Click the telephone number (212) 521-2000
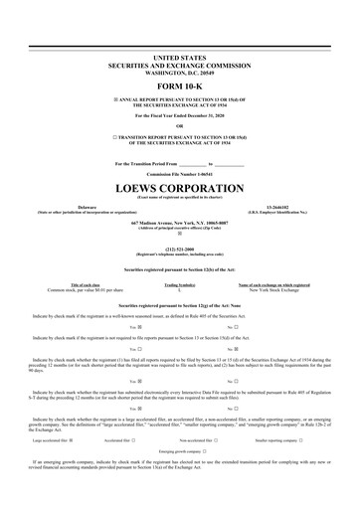[x=179, y=250]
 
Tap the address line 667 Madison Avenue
[x=179, y=223]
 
